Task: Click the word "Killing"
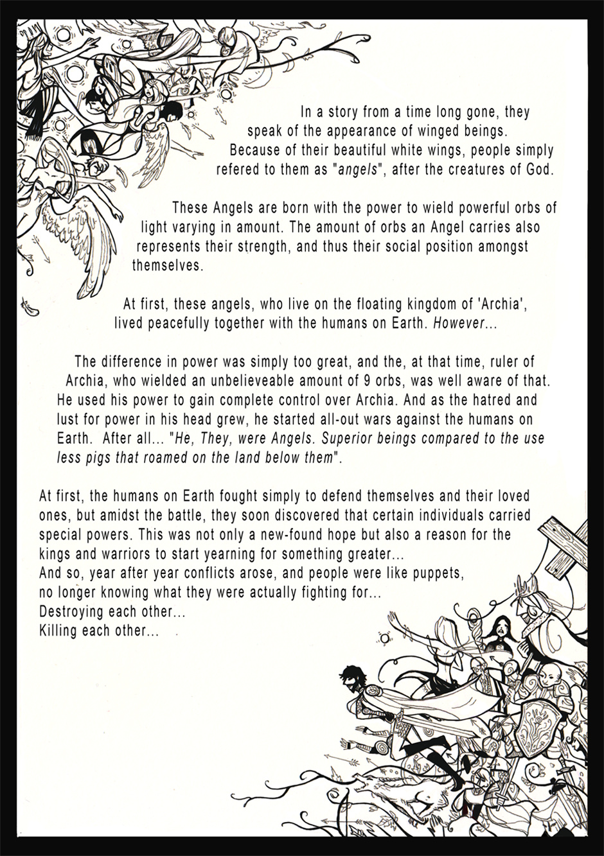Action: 59,631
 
